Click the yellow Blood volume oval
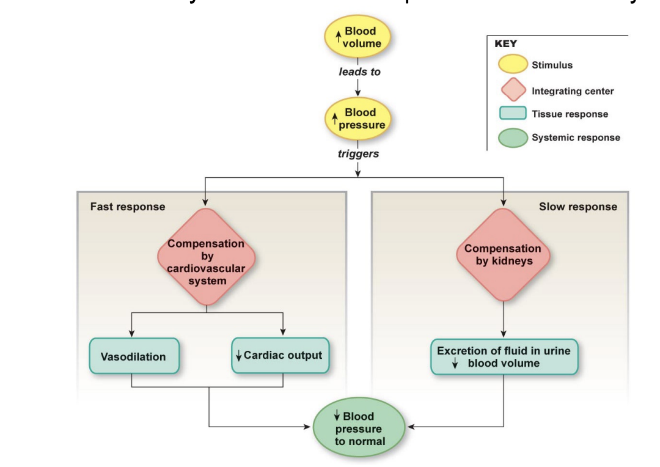(x=358, y=37)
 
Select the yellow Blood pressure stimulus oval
(x=358, y=119)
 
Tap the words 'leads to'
(x=359, y=72)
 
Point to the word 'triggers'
(x=358, y=154)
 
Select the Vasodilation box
(x=134, y=356)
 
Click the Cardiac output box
(x=280, y=355)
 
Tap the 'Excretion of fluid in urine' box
(x=504, y=357)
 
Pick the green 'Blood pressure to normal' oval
(x=359, y=428)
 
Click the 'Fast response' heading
(x=128, y=207)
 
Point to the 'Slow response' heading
(x=577, y=207)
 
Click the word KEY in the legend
(x=505, y=44)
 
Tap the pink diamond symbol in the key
(x=513, y=90)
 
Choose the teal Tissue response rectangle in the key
(x=513, y=114)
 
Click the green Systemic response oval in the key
(x=513, y=138)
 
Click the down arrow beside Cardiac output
(x=239, y=356)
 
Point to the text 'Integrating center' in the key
(x=573, y=91)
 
